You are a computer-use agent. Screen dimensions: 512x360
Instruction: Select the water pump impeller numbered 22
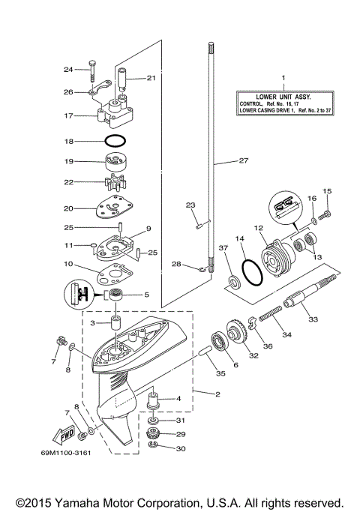115,182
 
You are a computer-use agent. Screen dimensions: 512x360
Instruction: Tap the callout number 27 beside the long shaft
242,160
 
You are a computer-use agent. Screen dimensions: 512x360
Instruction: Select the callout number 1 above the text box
283,78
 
